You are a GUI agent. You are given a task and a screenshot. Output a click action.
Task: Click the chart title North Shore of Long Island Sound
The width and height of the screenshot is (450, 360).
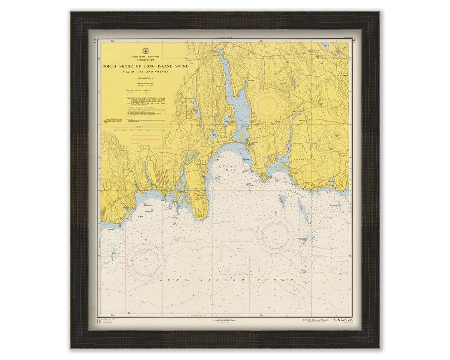145,66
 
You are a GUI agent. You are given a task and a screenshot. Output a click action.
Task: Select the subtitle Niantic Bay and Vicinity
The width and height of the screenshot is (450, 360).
145,72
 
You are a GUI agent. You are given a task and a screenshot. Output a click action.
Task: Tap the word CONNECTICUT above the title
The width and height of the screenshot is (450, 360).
145,60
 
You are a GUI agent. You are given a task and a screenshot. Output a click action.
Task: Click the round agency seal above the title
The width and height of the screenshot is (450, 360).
145,48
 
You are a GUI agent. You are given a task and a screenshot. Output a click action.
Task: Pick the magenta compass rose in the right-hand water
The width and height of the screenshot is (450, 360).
275,235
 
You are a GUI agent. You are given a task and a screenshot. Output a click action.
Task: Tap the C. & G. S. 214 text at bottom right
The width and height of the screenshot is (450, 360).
339,320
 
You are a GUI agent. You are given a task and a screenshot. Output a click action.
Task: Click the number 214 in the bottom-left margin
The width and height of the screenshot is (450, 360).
99,322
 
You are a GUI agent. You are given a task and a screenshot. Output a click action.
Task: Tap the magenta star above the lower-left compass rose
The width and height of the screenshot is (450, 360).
145,240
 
